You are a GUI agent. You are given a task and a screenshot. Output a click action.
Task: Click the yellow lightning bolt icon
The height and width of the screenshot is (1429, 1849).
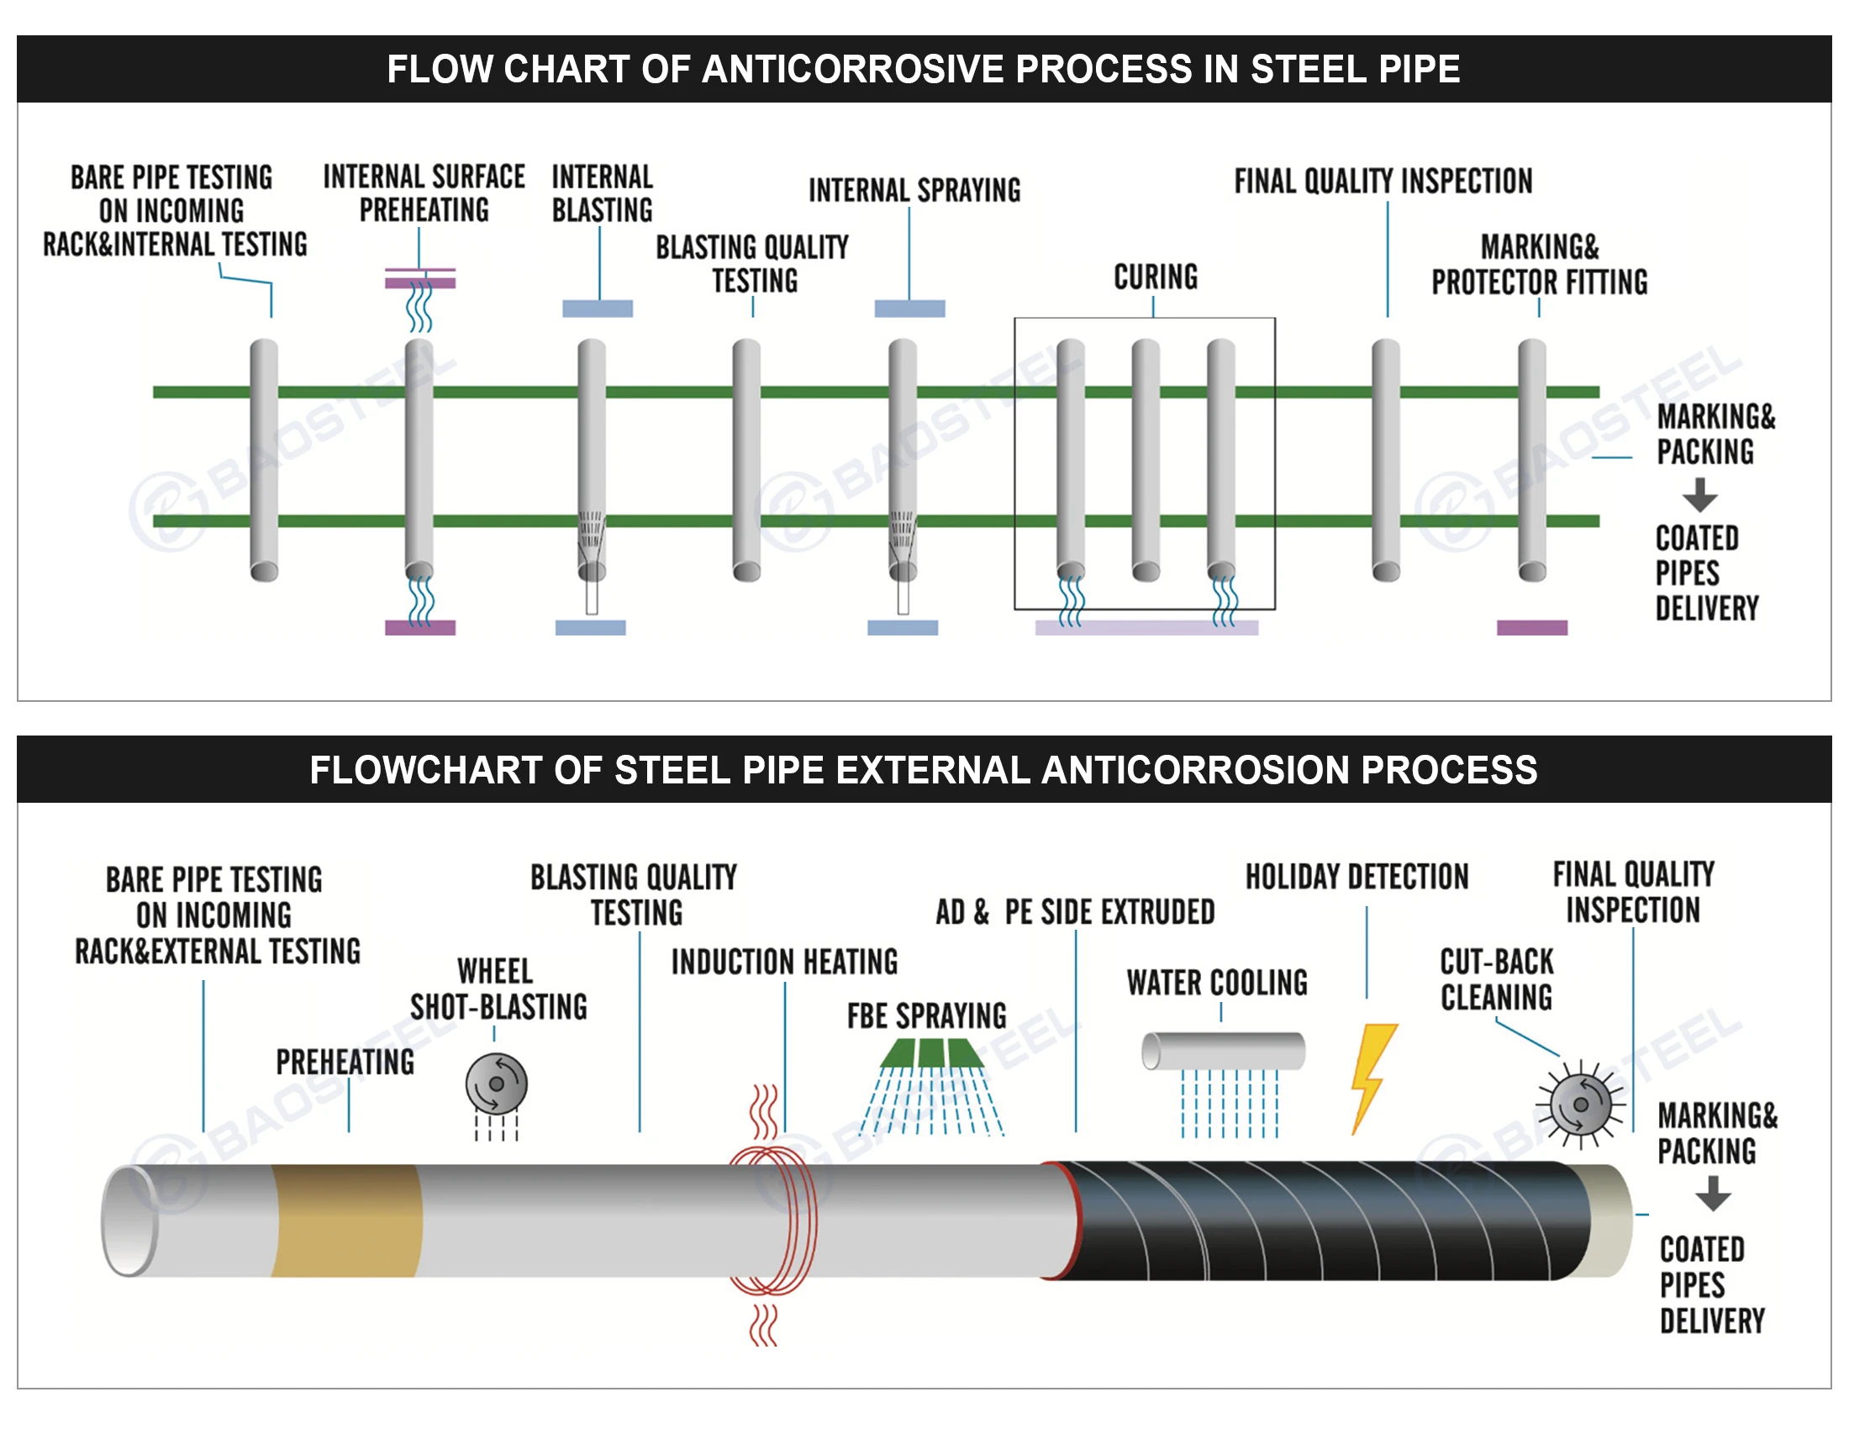[1371, 1077]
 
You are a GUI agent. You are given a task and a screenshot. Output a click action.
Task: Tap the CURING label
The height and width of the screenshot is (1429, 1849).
[1156, 277]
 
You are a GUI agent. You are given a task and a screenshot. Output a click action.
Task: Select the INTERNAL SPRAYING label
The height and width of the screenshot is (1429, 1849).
[914, 191]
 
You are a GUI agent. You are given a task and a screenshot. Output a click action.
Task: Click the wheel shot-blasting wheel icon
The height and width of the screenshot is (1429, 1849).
[496, 1084]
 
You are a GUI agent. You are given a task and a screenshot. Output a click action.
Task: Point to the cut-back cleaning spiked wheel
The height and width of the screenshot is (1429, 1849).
[1580, 1104]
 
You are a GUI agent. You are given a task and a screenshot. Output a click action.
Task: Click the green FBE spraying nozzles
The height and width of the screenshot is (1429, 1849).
[931, 1054]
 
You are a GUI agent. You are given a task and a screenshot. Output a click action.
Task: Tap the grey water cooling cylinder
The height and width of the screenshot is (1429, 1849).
[1223, 1052]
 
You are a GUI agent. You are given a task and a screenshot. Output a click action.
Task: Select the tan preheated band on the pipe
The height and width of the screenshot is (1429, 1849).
[347, 1220]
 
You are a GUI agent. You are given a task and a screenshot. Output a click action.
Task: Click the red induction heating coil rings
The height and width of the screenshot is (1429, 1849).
[772, 1219]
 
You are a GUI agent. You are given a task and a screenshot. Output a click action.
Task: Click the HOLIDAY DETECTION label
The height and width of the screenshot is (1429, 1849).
[1356, 877]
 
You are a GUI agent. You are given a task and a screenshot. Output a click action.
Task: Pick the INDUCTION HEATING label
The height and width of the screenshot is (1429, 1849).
[784, 962]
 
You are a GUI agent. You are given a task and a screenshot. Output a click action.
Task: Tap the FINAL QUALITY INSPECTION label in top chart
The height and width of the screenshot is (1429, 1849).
[1383, 182]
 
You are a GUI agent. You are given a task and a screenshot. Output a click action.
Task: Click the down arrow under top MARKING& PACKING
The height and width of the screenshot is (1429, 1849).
[1699, 495]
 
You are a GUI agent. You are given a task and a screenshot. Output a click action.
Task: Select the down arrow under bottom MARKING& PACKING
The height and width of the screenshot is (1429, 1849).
[1713, 1194]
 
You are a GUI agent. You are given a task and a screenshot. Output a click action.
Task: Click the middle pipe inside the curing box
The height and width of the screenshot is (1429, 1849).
[1146, 459]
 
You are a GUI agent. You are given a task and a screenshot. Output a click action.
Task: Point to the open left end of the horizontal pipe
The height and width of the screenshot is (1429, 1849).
[129, 1220]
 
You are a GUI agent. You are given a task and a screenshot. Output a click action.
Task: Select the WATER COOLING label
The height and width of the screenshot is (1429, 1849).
[1217, 983]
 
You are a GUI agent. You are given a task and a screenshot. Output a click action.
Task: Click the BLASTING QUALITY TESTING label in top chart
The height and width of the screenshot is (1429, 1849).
[752, 264]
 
